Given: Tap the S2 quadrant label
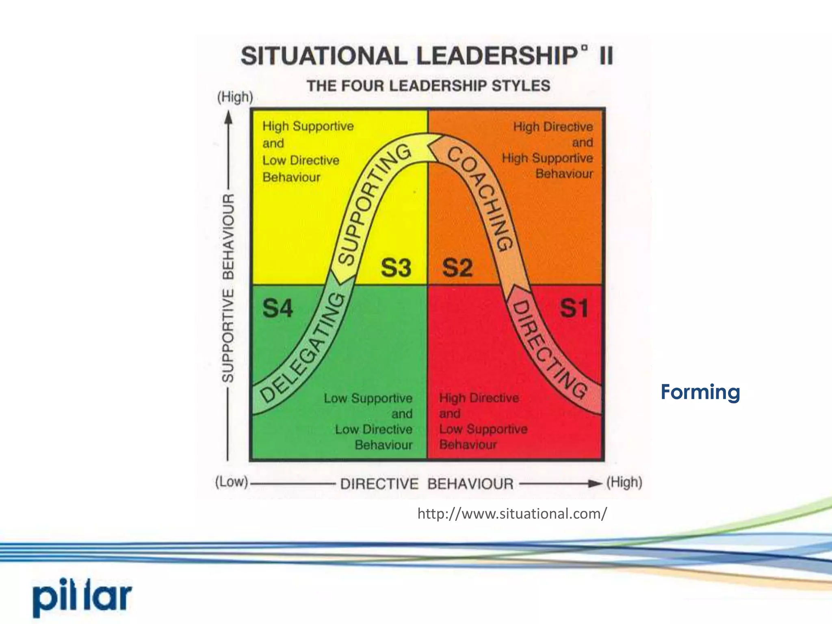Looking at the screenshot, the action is (x=457, y=268).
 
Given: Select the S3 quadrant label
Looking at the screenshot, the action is (x=396, y=268).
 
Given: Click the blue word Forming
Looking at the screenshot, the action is (x=700, y=392).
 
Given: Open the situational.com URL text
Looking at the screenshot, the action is (x=512, y=514).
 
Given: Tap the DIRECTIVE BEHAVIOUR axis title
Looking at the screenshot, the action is (x=427, y=484).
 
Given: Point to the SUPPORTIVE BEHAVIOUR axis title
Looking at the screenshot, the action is (x=228, y=288).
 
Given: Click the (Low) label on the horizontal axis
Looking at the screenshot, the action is (x=231, y=482).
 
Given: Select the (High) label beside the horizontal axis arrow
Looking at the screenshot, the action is (x=624, y=483).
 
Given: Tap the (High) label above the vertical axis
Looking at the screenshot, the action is (x=235, y=97).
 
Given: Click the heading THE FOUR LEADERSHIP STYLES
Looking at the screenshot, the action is (x=428, y=86).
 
